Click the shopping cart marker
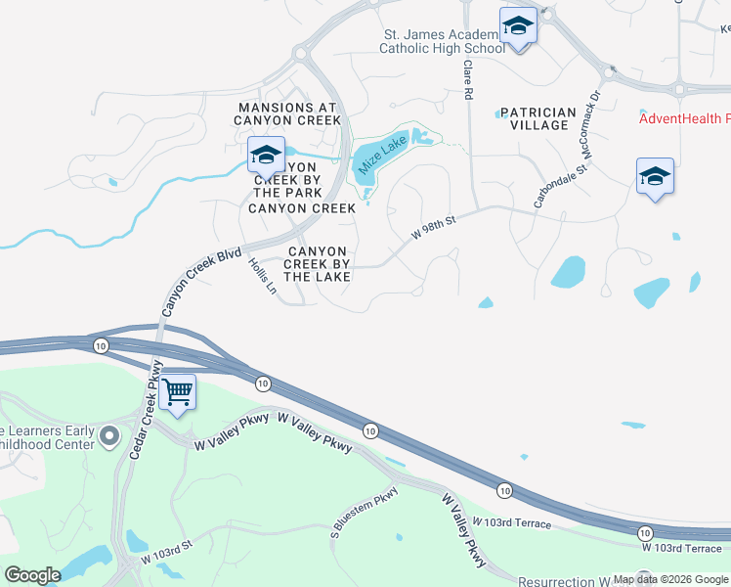click(177, 391)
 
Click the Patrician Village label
click(534, 119)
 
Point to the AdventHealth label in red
click(684, 119)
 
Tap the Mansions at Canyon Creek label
click(287, 113)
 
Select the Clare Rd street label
click(468, 80)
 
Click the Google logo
click(32, 575)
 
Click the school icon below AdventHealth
click(655, 177)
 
